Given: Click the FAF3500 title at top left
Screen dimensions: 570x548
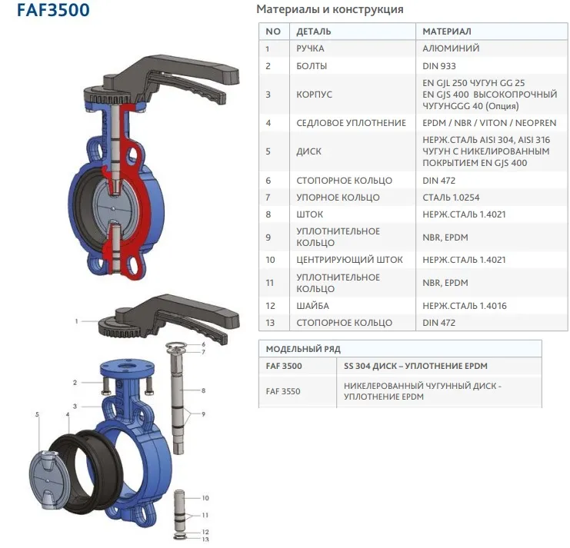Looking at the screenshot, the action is point(53,10).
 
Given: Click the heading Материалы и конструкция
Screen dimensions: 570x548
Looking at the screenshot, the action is point(330,9).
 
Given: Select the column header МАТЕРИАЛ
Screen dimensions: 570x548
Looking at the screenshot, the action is point(447,32).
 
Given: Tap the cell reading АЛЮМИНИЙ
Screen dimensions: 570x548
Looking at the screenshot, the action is point(451,48).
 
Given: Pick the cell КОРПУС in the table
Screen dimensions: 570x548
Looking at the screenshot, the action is point(314,95).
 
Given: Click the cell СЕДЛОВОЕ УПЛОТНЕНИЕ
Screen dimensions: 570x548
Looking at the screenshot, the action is point(351,123).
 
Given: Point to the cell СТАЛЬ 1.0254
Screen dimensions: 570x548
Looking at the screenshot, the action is point(451,198).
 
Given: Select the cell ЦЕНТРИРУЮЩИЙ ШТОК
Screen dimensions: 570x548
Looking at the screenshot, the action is point(349,260).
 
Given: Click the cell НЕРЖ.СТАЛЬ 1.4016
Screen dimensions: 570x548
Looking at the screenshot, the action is point(464,306).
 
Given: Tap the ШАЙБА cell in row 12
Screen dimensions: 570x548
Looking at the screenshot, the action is point(312,306).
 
